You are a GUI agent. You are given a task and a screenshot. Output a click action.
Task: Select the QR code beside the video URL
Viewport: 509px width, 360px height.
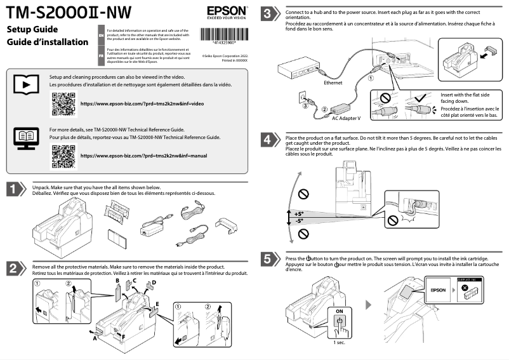[62, 103]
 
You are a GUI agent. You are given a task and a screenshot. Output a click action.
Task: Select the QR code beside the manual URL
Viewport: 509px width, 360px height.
[62, 156]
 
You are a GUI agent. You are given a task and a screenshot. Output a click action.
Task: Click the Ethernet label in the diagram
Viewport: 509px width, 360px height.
[334, 83]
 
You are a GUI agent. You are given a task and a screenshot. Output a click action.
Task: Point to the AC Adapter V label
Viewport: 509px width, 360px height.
[346, 118]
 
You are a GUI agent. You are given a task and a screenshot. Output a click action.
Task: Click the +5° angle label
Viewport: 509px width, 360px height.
[298, 214]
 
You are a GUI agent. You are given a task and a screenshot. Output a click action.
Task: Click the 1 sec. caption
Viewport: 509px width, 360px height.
[340, 342]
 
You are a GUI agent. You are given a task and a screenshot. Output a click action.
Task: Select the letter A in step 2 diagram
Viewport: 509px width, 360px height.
[95, 339]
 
